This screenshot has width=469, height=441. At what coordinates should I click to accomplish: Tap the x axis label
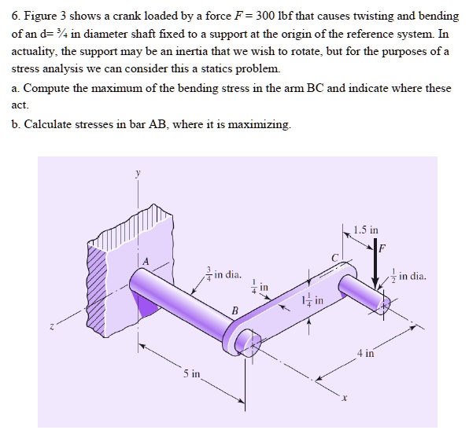pos(344,398)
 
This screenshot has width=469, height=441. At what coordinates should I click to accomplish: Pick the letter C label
pos(334,257)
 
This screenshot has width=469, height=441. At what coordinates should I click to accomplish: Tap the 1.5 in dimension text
pos(366,231)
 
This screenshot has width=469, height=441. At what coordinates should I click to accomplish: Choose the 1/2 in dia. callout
pos(406,276)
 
